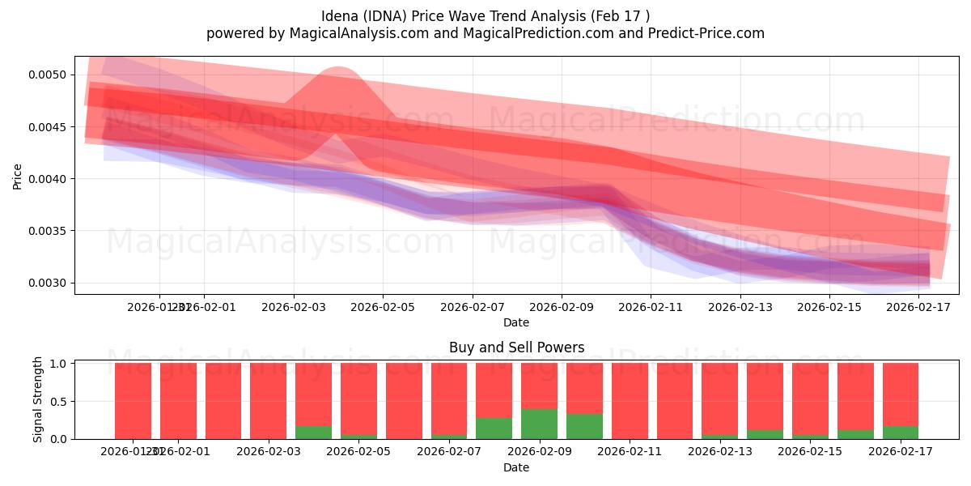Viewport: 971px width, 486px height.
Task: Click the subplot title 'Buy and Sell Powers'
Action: [516, 347]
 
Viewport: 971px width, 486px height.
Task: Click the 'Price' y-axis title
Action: [18, 176]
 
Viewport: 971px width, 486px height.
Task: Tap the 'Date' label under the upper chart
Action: [516, 322]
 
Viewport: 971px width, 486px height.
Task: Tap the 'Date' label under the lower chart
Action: [516, 467]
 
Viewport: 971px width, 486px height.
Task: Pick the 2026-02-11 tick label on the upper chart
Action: [651, 307]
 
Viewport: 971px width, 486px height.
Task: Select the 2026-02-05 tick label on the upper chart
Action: [383, 307]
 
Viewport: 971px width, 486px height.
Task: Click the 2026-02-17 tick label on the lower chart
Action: [900, 452]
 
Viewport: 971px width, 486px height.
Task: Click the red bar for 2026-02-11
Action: [630, 401]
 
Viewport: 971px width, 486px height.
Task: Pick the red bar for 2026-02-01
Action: [178, 401]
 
